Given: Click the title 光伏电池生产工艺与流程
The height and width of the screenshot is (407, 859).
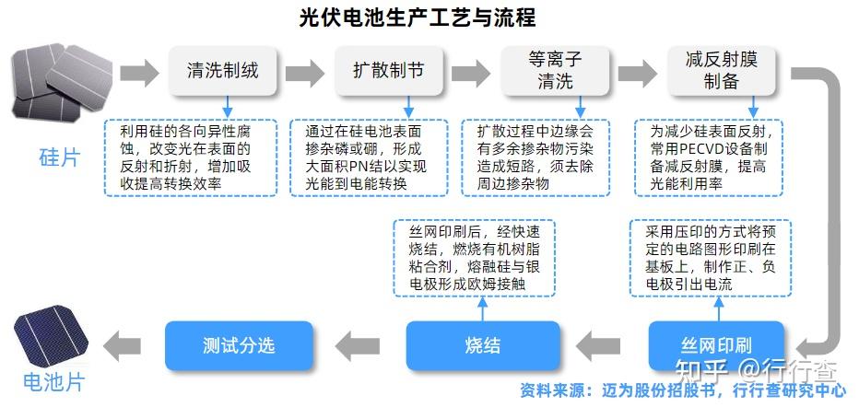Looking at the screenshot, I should pyautogui.click(x=417, y=17).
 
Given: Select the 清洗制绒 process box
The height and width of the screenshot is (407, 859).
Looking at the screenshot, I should pyautogui.click(x=222, y=70).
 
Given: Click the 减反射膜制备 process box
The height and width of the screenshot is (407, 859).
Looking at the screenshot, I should pyautogui.click(x=721, y=70).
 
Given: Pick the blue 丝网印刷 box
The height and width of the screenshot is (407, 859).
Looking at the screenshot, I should pyautogui.click(x=715, y=346).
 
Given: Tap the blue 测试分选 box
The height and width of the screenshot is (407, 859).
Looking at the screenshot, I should pyautogui.click(x=239, y=346).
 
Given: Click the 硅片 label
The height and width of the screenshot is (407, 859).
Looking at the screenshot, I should pyautogui.click(x=59, y=157).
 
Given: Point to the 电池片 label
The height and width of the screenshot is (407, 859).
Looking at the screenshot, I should pyautogui.click(x=53, y=380).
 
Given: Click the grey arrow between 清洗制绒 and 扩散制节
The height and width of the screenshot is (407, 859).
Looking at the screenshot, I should pyautogui.click(x=305, y=71).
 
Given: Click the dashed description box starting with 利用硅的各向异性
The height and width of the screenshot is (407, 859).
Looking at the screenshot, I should pyautogui.click(x=190, y=157).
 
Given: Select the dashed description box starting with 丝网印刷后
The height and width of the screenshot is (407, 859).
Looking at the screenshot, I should pyautogui.click(x=474, y=258).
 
